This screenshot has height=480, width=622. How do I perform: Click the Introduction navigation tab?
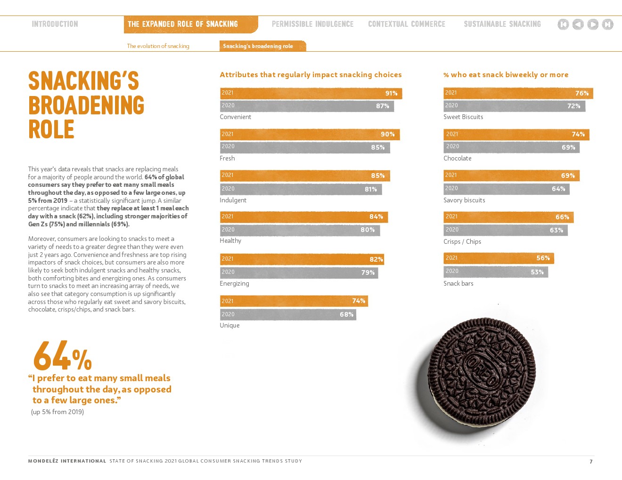[55, 24]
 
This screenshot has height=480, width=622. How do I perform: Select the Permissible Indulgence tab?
[312, 24]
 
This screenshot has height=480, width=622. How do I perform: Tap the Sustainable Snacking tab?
[502, 24]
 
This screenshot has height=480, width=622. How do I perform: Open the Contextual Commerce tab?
[406, 24]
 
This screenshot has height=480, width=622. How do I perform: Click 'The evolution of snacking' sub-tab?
[158, 46]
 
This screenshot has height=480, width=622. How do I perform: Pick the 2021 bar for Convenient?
[311, 93]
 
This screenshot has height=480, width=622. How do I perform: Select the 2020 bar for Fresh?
[304, 147]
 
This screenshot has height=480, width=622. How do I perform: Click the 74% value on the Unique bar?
[359, 301]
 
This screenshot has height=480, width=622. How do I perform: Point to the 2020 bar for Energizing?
[298, 272]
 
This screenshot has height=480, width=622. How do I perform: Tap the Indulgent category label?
[233, 200]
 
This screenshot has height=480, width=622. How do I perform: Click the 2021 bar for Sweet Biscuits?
[517, 93]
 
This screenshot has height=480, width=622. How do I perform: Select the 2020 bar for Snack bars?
[495, 272]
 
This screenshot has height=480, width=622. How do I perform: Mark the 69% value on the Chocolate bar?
[568, 147]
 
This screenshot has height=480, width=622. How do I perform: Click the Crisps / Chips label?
[462, 241]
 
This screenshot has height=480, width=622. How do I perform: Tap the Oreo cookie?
[482, 372]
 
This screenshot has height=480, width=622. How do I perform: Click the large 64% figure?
[62, 356]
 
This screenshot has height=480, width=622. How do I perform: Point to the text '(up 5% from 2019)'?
[57, 412]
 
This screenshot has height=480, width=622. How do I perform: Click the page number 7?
[591, 462]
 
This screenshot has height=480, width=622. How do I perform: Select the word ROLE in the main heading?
[51, 129]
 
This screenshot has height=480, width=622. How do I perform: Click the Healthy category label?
[230, 240]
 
